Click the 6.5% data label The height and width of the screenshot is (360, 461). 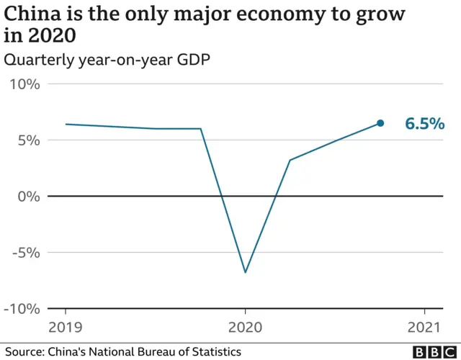click(424, 124)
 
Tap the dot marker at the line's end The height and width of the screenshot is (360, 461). click(380, 123)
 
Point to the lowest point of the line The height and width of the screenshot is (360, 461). click(245, 272)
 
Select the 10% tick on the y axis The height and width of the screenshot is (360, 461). click(25, 84)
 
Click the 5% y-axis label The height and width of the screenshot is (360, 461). click(29, 140)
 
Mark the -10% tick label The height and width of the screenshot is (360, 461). click(23, 308)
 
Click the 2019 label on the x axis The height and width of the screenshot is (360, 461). click(66, 328)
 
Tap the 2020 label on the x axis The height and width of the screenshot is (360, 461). click(245, 328)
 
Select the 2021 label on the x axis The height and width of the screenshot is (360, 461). click(424, 328)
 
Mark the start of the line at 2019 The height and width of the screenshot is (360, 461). click(66, 124)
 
